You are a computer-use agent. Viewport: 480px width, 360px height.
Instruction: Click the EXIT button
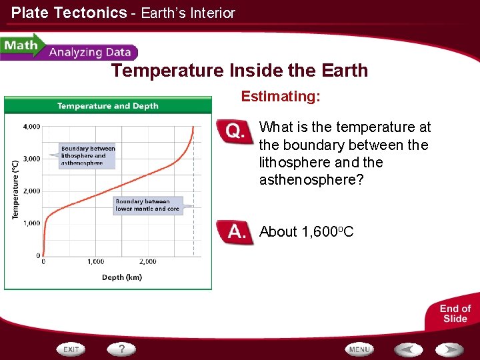(71, 349)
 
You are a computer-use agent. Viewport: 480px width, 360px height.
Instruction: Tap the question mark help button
(122, 349)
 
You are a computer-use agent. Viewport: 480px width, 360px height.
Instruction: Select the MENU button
(359, 349)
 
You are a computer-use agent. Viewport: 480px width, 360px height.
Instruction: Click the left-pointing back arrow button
(408, 349)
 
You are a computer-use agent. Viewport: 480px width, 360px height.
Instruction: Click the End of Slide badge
(455, 313)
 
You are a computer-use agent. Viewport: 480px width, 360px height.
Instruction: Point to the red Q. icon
(235, 131)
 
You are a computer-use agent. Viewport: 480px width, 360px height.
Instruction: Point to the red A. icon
(235, 233)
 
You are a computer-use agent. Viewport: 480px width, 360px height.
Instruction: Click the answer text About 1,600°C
(306, 232)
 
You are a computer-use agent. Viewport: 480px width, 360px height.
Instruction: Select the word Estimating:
(281, 97)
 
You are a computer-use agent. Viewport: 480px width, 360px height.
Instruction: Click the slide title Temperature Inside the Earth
(239, 71)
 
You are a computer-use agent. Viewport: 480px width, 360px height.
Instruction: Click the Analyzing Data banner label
(90, 53)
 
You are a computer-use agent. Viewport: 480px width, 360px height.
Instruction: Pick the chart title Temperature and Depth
(108, 105)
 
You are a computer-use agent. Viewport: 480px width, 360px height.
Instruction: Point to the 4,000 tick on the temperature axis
(31, 126)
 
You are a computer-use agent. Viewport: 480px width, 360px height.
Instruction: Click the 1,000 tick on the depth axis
(95, 262)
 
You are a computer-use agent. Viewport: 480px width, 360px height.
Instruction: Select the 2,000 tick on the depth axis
(147, 262)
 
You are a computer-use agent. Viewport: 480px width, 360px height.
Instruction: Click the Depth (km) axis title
(121, 277)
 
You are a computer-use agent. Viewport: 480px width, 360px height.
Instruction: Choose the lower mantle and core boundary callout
(147, 205)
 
